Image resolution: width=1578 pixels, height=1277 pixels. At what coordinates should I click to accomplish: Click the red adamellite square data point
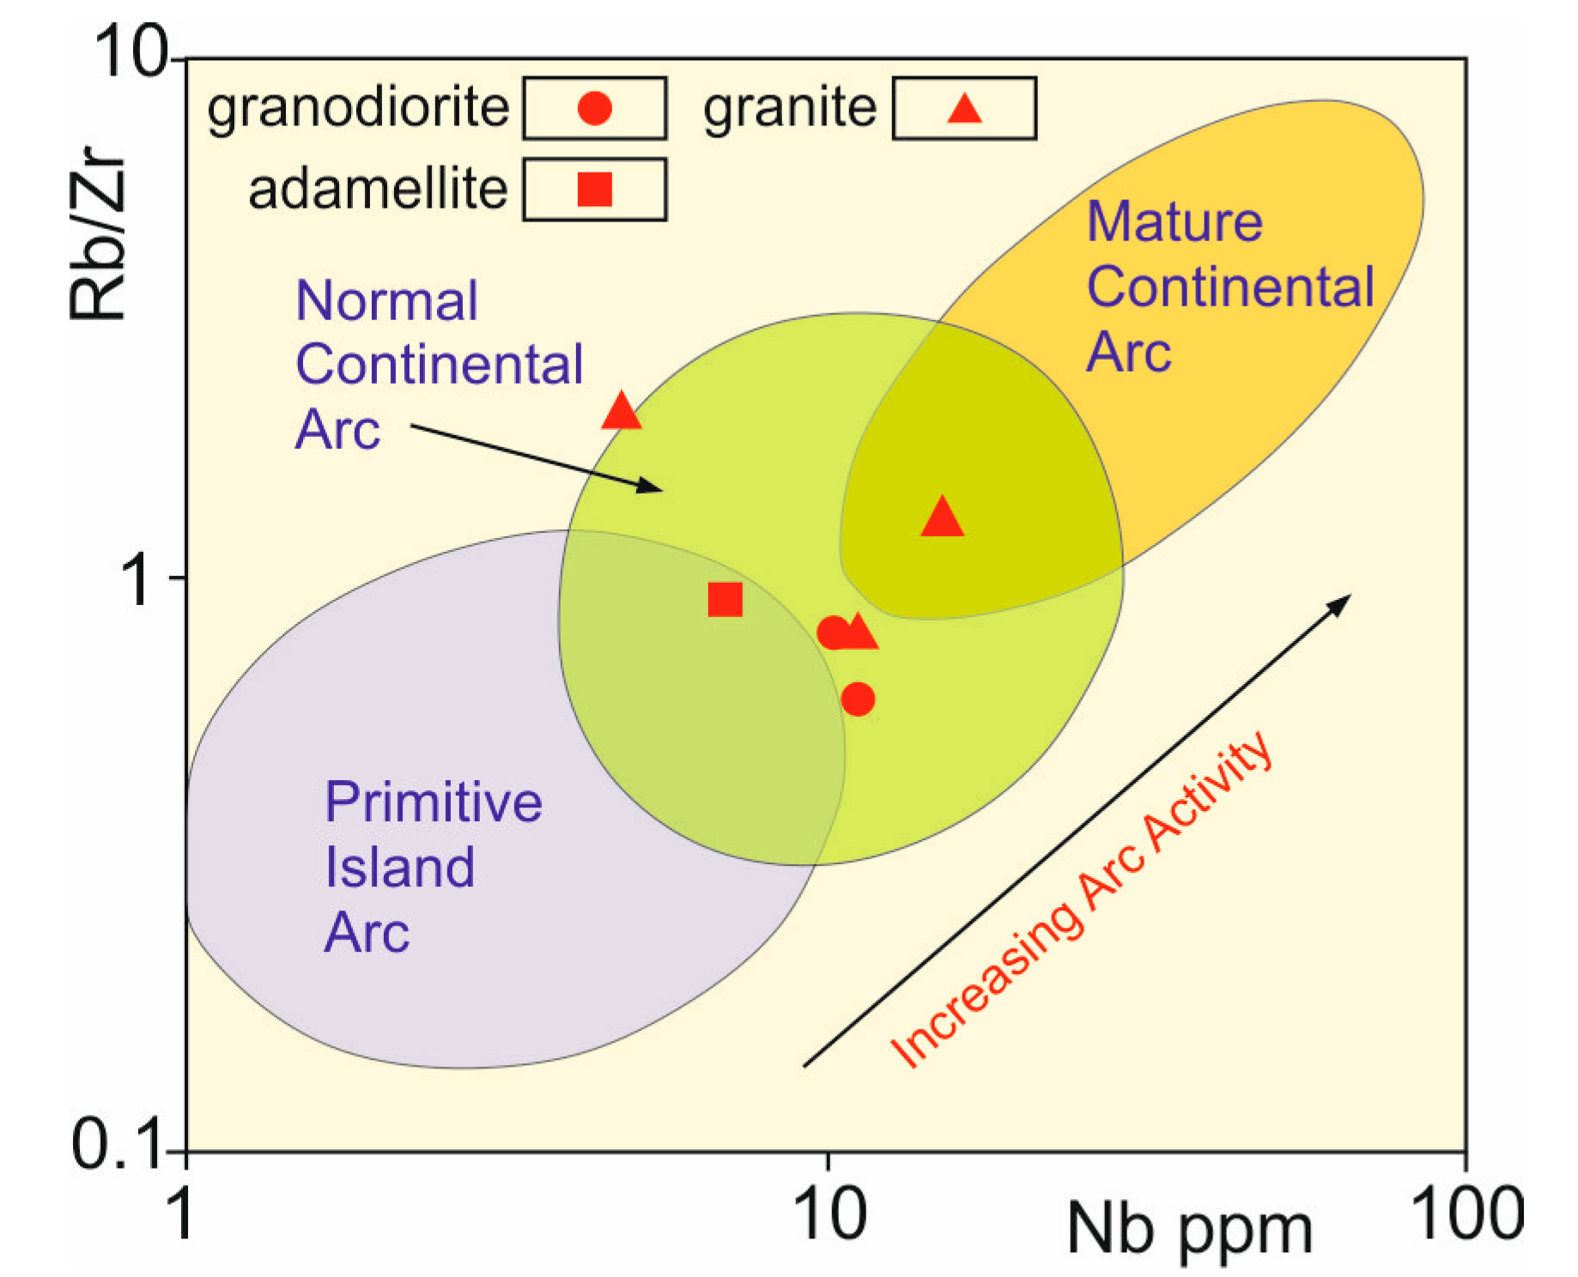pyautogui.click(x=725, y=599)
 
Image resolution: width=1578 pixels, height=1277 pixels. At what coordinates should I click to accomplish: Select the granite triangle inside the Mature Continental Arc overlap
pyautogui.click(x=942, y=518)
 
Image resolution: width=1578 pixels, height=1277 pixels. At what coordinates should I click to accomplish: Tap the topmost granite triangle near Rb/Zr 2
pyautogui.click(x=622, y=412)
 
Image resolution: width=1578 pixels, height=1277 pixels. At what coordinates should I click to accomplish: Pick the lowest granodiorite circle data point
pyautogui.click(x=858, y=699)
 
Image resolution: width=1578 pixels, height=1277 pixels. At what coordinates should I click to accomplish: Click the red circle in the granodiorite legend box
pyautogui.click(x=594, y=108)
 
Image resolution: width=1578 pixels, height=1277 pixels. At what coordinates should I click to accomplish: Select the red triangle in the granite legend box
pyautogui.click(x=964, y=109)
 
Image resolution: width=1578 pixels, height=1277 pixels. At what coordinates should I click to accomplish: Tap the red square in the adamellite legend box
pyautogui.click(x=594, y=189)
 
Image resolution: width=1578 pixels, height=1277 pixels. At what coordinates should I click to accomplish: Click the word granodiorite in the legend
pyautogui.click(x=358, y=108)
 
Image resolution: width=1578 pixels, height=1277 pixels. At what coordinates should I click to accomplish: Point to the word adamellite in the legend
pyautogui.click(x=378, y=189)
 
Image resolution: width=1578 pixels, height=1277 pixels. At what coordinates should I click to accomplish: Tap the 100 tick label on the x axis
pyautogui.click(x=1466, y=1213)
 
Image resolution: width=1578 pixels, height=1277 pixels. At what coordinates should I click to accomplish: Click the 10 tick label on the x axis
pyautogui.click(x=828, y=1213)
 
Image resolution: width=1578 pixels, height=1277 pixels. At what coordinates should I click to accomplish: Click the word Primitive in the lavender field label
pyautogui.click(x=434, y=802)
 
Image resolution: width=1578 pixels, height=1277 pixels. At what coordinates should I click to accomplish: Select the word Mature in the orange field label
pyautogui.click(x=1174, y=221)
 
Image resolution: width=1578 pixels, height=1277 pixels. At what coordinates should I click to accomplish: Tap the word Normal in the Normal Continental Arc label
pyautogui.click(x=386, y=301)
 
